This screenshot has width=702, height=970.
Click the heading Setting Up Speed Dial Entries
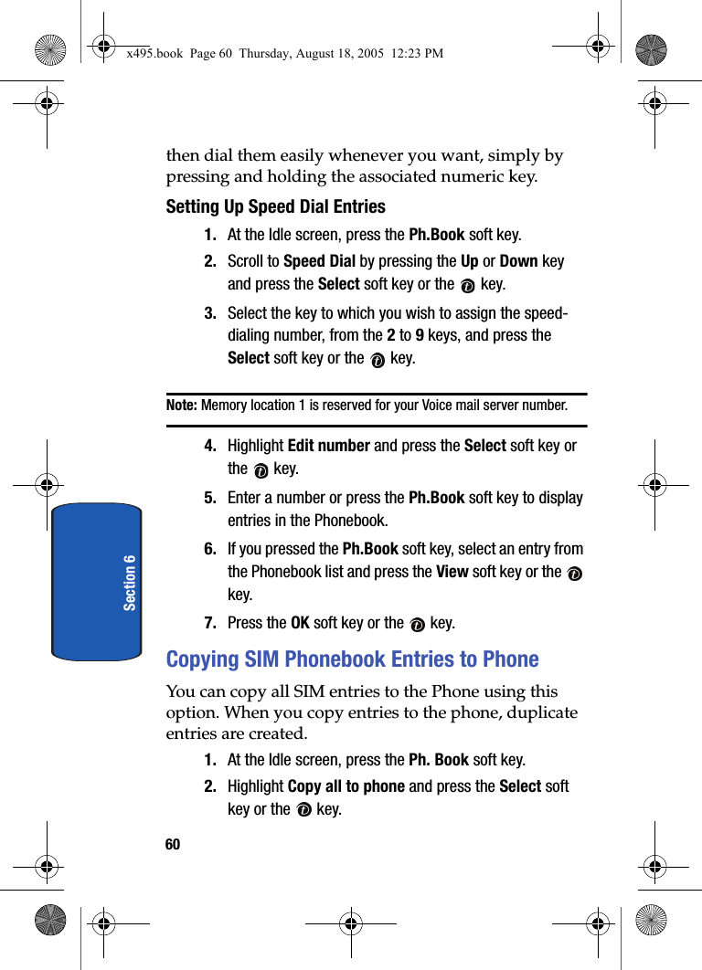coord(275,206)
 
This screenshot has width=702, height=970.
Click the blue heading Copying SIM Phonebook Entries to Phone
coord(352,659)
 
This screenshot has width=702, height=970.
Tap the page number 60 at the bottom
coord(173,845)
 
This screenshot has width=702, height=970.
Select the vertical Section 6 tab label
coord(130,582)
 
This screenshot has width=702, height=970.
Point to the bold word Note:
coord(182,405)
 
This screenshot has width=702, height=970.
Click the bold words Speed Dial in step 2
coord(319,261)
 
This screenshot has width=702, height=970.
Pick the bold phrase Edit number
coord(328,446)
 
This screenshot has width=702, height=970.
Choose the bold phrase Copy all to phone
coord(346,786)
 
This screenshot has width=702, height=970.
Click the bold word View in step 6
coord(452,572)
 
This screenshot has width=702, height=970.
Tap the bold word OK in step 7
coord(300,623)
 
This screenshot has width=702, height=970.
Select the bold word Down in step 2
coord(518,261)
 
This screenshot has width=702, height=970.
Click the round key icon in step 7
coord(417,625)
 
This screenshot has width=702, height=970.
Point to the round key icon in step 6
coord(574,574)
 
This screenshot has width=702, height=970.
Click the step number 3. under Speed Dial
coord(210,313)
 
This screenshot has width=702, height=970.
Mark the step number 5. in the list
coord(210,498)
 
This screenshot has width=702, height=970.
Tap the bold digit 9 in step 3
coord(420,335)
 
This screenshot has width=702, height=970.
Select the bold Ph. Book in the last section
coord(439,760)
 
